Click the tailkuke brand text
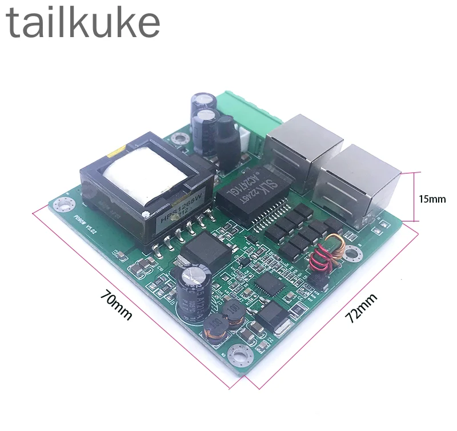[83, 23]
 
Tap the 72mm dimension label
[363, 309]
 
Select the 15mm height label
[432, 199]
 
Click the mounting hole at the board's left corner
[62, 203]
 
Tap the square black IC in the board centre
[267, 283]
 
